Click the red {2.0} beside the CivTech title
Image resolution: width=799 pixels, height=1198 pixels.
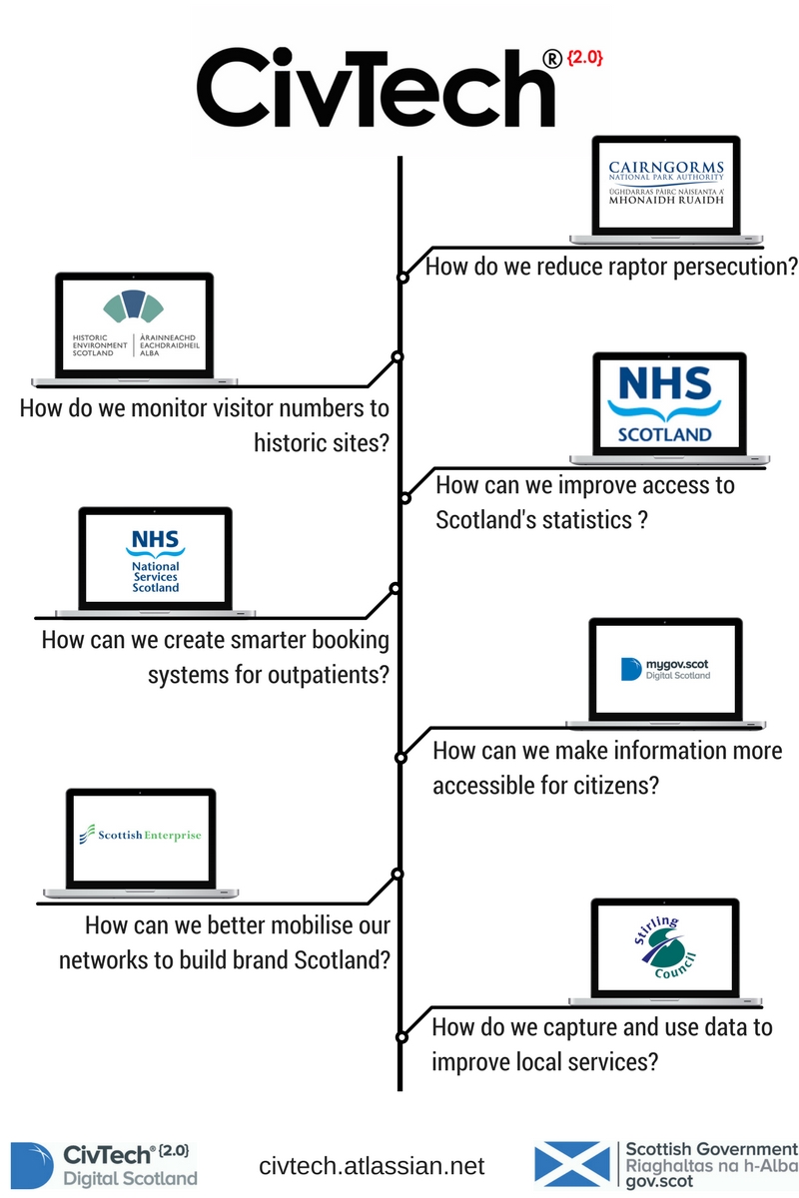click(x=586, y=61)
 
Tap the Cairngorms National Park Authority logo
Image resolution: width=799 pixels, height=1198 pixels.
click(x=667, y=183)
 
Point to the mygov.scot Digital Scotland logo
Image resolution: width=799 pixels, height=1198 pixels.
click(x=665, y=669)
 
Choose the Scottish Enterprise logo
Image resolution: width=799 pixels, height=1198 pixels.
click(x=140, y=835)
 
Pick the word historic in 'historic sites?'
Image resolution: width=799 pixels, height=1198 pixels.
click(x=293, y=442)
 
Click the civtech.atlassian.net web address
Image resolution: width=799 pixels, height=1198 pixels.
click(x=372, y=1166)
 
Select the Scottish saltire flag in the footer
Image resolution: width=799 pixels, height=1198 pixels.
click(x=572, y=1164)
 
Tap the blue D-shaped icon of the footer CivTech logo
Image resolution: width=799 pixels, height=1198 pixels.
click(x=31, y=1164)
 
